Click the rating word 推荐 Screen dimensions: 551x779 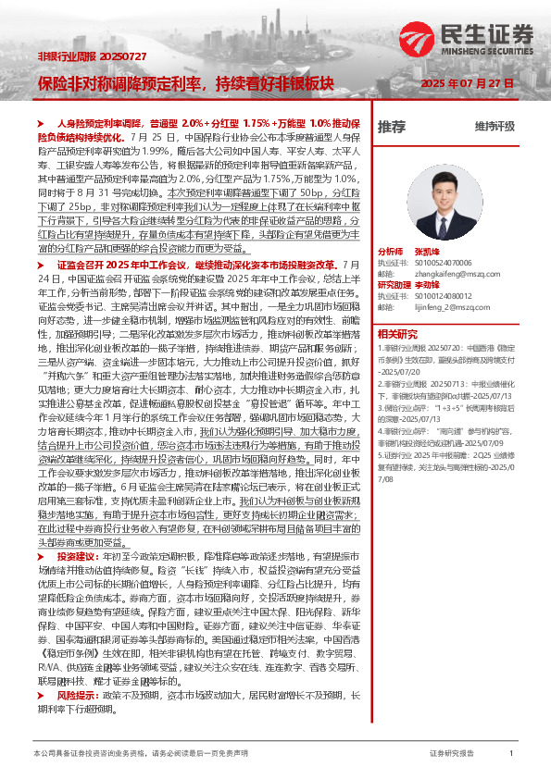392,126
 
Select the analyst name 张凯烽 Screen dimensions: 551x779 427,251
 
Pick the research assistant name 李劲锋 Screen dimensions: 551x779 427,285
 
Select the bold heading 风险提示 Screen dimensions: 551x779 76,718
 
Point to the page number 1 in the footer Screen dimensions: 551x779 510,755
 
